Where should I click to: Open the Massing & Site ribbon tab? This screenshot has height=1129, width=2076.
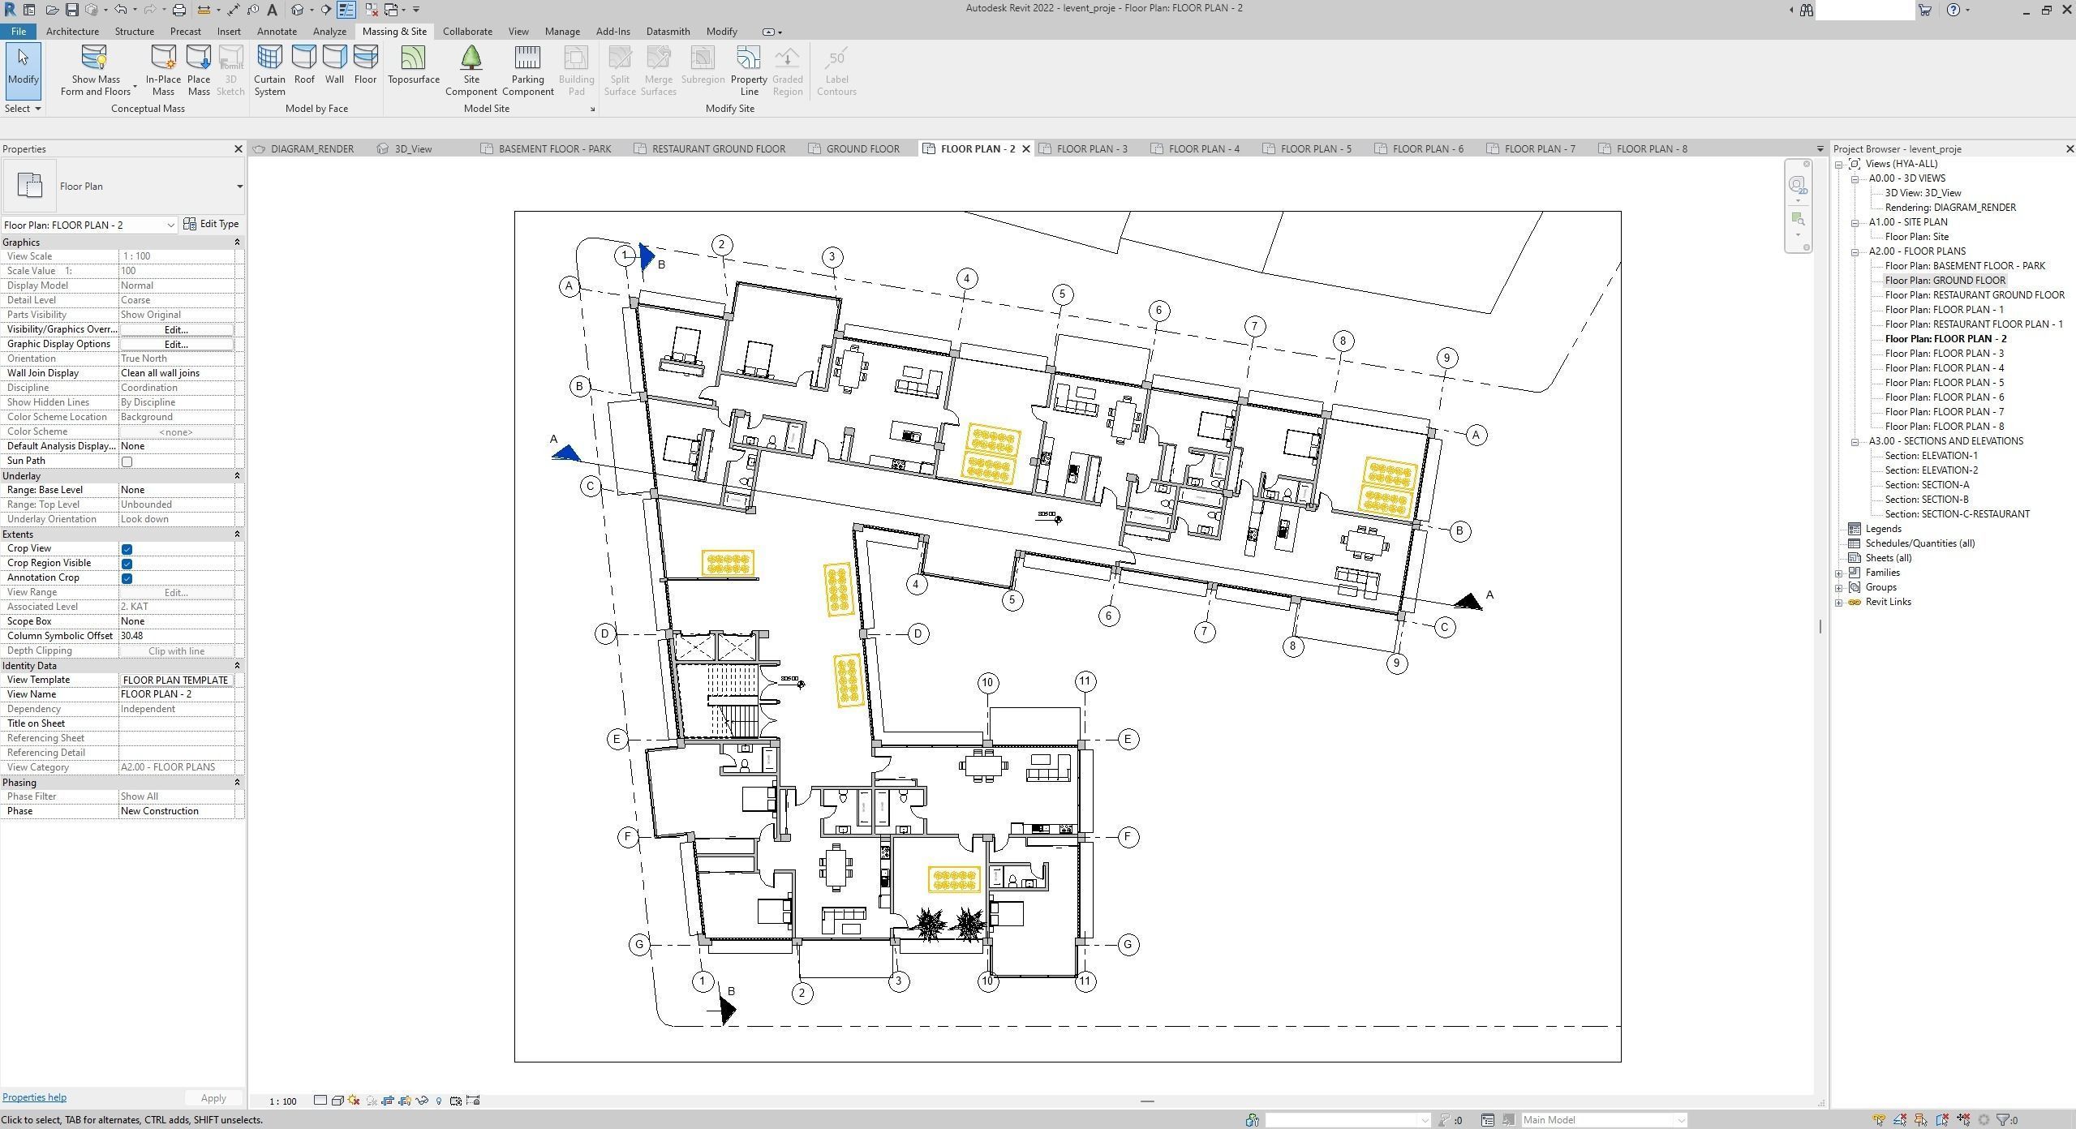pyautogui.click(x=394, y=32)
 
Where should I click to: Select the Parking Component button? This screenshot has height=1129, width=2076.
pyautogui.click(x=527, y=70)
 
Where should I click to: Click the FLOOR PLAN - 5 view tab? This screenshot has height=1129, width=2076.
pyautogui.click(x=1315, y=149)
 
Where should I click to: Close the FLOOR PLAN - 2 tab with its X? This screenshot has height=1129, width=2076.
pyautogui.click(x=1026, y=149)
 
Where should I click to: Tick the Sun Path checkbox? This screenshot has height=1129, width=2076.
pyautogui.click(x=127, y=461)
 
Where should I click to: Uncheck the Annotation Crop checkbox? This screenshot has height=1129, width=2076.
pyautogui.click(x=127, y=578)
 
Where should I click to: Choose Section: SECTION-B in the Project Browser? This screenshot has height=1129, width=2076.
pyautogui.click(x=1926, y=500)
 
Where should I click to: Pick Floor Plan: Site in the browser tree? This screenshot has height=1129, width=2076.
pyautogui.click(x=1916, y=237)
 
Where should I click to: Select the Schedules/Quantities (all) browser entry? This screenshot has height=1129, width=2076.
pyautogui.click(x=1919, y=543)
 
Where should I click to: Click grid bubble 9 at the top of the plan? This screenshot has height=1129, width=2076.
pyautogui.click(x=1446, y=358)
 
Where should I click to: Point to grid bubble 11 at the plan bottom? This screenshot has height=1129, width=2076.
pyautogui.click(x=1085, y=981)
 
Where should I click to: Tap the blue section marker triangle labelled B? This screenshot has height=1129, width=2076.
pyautogui.click(x=647, y=256)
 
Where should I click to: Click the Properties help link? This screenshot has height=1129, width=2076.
pyautogui.click(x=34, y=1097)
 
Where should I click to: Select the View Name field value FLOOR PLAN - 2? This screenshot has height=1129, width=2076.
pyautogui.click(x=177, y=694)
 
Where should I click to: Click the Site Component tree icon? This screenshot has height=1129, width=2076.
pyautogui.click(x=471, y=58)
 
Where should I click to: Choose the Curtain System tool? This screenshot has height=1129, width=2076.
pyautogui.click(x=269, y=70)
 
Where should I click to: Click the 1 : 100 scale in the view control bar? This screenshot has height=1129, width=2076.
pyautogui.click(x=282, y=1101)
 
